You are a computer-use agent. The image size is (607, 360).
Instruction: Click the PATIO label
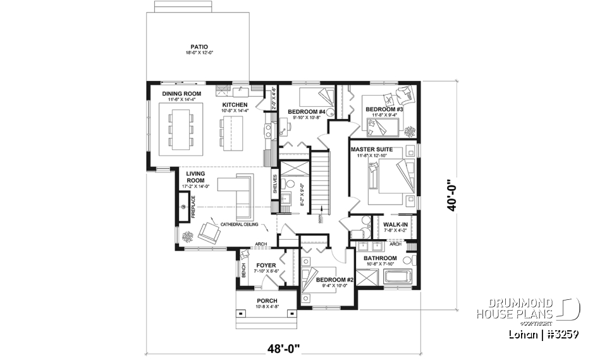click(x=199, y=47)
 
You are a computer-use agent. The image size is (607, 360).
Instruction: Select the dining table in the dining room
click(x=181, y=129)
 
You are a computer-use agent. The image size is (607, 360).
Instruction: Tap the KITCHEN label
click(x=234, y=104)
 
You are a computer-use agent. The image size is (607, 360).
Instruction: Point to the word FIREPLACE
click(x=193, y=208)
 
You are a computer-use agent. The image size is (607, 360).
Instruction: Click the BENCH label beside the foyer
click(x=244, y=271)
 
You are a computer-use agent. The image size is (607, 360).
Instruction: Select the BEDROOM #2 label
click(x=334, y=279)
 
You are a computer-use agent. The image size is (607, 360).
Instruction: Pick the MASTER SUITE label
click(x=371, y=149)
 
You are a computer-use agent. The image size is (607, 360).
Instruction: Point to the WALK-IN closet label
click(x=395, y=224)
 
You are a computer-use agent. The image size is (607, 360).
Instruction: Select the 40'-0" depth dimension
click(x=450, y=196)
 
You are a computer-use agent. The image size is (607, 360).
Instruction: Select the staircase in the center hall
click(x=322, y=180)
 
